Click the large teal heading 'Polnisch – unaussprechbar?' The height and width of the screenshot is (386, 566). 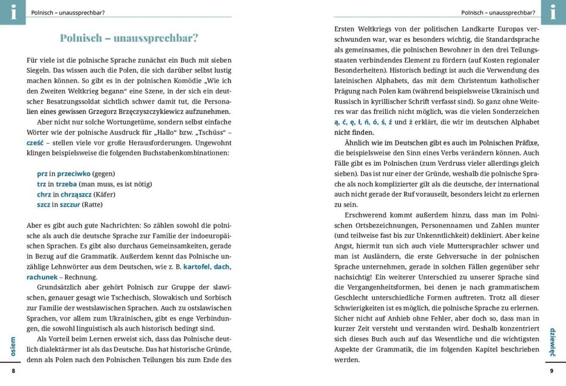129,39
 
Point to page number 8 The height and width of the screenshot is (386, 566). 13,371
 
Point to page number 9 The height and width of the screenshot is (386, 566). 552,371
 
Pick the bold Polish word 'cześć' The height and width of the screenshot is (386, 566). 36,144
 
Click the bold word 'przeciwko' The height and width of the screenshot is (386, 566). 74,173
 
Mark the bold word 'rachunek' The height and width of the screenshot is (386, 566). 41,277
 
